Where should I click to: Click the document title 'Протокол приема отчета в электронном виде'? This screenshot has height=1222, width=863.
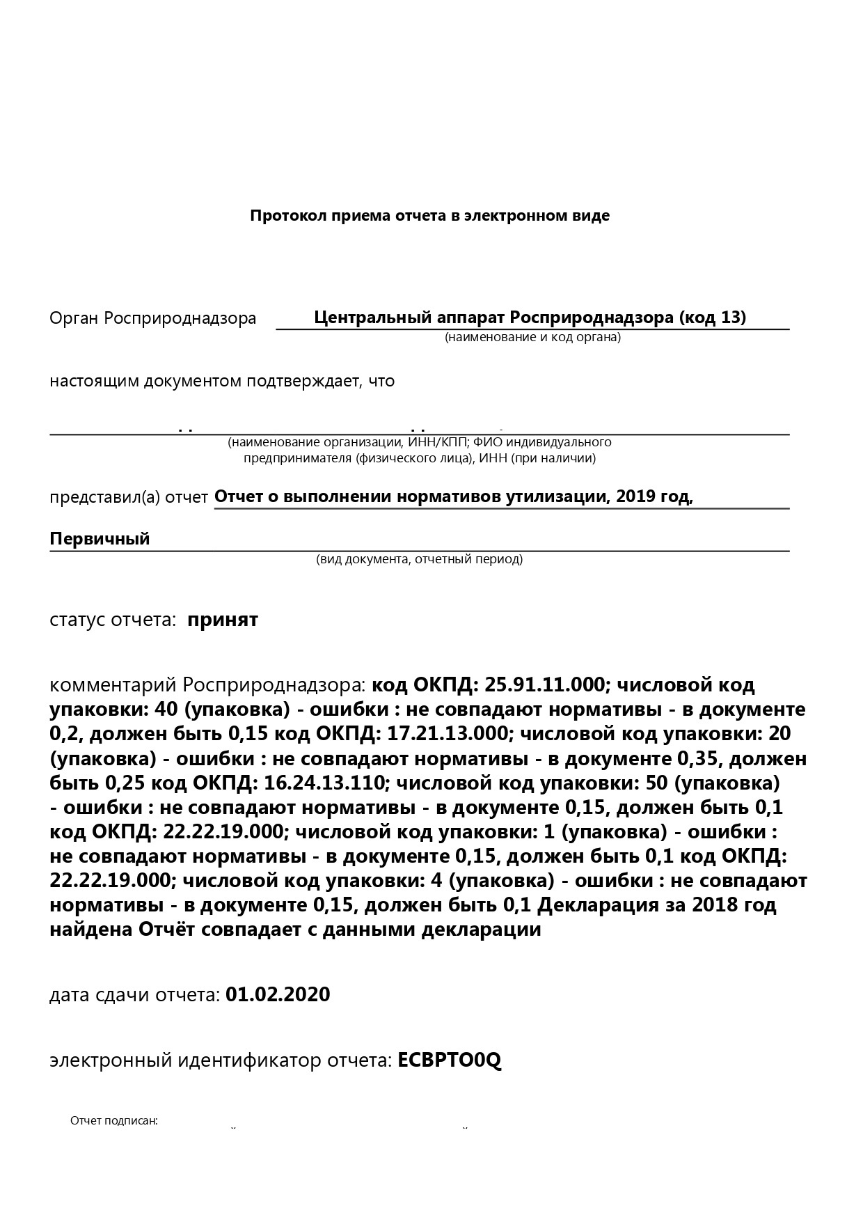click(429, 216)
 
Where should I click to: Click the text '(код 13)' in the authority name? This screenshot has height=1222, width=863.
click(713, 318)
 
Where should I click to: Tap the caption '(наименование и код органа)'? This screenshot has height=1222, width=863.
click(532, 338)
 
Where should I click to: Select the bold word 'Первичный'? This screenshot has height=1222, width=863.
click(100, 538)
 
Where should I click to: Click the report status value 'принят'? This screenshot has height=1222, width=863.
click(223, 620)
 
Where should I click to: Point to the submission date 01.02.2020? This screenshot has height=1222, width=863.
click(278, 994)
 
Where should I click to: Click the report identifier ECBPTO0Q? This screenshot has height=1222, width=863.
click(449, 1060)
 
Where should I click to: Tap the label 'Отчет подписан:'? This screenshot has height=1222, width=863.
click(114, 1121)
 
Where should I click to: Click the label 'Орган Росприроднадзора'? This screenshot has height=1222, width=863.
click(152, 319)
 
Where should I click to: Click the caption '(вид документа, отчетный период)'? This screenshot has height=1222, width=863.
click(419, 559)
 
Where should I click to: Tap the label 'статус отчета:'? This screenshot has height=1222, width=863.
click(112, 620)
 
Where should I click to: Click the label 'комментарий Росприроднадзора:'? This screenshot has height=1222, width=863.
click(207, 685)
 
